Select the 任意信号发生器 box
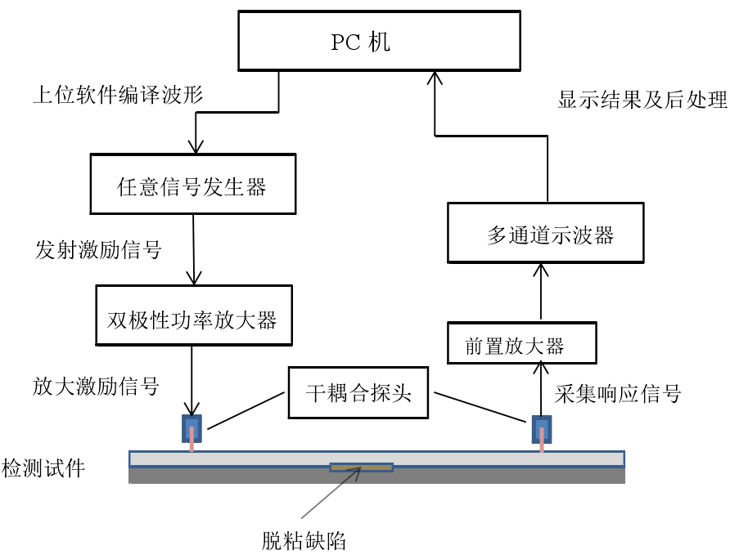[192, 187]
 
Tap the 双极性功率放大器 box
[193, 319]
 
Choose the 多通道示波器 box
[545, 236]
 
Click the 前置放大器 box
[522, 344]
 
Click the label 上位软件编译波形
[118, 96]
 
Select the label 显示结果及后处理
[642, 101]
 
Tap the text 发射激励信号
[98, 250]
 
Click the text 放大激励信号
[97, 385]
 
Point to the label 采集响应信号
[618, 394]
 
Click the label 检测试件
[43, 469]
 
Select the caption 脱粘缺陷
[303, 540]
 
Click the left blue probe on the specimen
[192, 428]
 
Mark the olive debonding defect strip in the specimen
[361, 467]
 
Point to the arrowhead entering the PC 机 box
[435, 78]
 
